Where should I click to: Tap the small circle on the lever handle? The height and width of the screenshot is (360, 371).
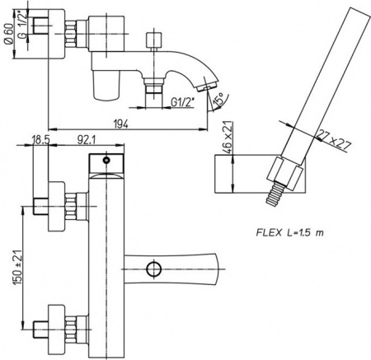[x=151, y=268]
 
